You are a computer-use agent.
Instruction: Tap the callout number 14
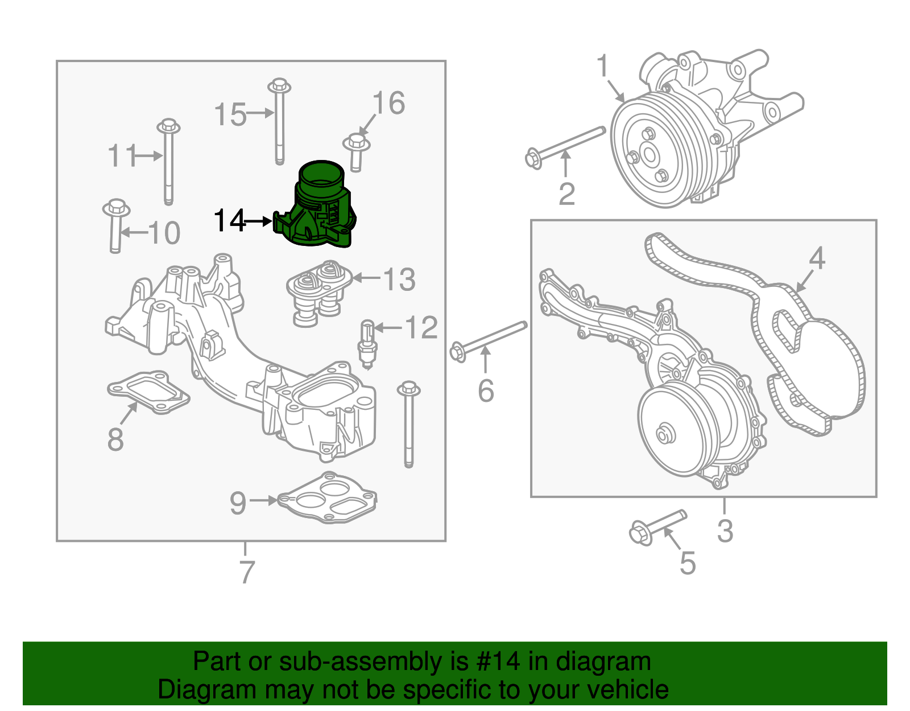[229, 221]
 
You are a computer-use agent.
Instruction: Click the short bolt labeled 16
[356, 151]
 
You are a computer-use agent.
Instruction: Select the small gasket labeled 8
[148, 392]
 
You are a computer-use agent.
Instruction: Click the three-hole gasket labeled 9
[327, 499]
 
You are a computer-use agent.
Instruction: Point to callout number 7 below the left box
[246, 572]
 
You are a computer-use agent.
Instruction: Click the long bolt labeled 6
[489, 339]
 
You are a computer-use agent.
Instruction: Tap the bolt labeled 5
[657, 526]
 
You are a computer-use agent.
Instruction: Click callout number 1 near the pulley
[603, 67]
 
